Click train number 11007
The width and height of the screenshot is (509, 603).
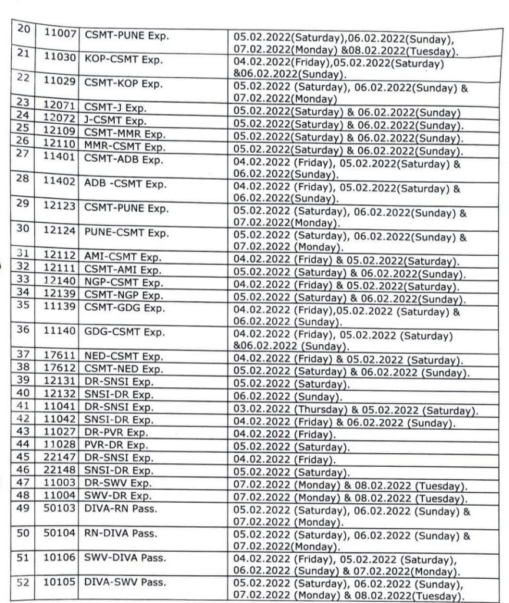[x=61, y=34]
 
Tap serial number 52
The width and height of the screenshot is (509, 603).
[x=24, y=583]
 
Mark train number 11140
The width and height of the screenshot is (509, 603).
[x=61, y=331]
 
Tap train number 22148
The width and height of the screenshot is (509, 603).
[x=61, y=470]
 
